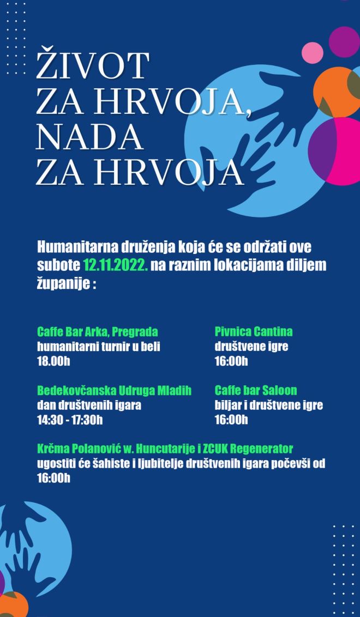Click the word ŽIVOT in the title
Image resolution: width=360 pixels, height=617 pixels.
point(92,65)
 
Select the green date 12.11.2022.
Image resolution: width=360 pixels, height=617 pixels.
point(115,265)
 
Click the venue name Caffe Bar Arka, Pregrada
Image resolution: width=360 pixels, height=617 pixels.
point(98,331)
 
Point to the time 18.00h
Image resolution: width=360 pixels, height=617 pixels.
point(53,361)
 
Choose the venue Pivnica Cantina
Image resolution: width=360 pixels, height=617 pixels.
point(254,331)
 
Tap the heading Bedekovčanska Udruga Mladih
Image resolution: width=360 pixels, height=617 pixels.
point(114,391)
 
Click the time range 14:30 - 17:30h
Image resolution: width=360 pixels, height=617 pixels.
point(70,420)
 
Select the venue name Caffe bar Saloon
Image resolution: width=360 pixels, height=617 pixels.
point(256,391)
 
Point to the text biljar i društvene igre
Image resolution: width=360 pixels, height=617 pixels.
point(268,405)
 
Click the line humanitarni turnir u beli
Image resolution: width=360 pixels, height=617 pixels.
point(98,346)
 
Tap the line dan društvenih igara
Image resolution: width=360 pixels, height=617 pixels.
point(89,405)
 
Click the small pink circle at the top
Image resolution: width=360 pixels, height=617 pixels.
point(313,52)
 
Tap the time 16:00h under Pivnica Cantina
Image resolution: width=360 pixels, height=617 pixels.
point(231,361)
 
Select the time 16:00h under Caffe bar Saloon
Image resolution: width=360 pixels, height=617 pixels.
point(231,420)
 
